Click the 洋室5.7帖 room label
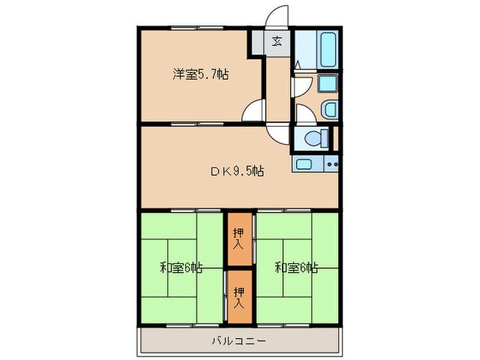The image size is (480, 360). click(200, 75)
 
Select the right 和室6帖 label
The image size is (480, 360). click(296, 267)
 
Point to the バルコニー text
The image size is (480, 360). click(239, 340)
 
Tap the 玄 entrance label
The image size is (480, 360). click(277, 42)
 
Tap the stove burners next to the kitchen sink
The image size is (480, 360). click(332, 164)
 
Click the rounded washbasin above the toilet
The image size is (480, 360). click(328, 108)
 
